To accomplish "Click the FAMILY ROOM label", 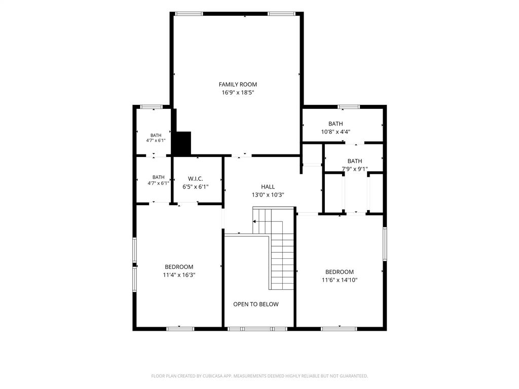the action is coord(238,85).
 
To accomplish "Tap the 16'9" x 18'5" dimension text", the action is coord(238,93).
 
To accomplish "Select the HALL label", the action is coord(268,186).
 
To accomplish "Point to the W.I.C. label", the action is coord(195,179).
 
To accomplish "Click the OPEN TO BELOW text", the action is coord(256,304).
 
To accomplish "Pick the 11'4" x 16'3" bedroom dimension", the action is coord(179,275).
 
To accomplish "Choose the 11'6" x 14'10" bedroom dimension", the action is coord(340,280).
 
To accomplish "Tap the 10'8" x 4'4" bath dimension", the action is coord(336,132).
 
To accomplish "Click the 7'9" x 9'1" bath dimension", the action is coord(354,169).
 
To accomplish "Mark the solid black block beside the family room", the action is coord(182,143).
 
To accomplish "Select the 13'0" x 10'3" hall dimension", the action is coord(268,195).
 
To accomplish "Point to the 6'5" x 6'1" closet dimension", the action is coord(195,187).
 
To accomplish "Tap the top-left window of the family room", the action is coord(189,14).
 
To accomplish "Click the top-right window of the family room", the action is coord(281,14).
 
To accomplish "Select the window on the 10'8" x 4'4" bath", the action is coord(349,107).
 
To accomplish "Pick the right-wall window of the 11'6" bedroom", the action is coord(385,244).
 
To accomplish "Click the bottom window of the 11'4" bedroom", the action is coord(180,329).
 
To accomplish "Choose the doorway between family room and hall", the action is coord(241,155).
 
